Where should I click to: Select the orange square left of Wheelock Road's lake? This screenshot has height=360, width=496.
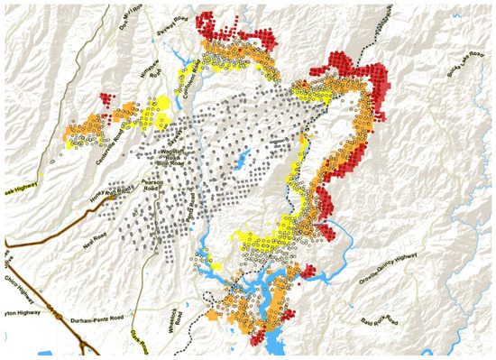213,317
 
